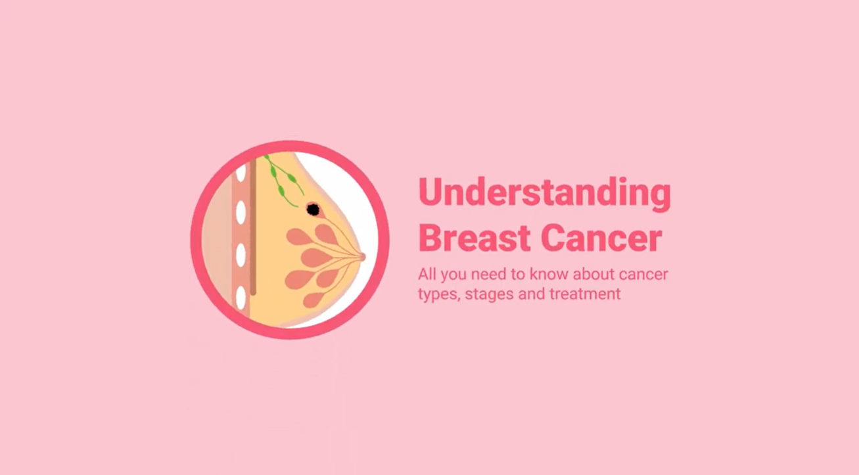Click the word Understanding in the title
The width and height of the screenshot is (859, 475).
click(545, 193)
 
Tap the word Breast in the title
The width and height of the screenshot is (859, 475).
click(475, 238)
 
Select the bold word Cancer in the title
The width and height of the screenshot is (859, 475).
click(601, 238)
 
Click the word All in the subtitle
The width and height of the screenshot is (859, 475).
click(427, 275)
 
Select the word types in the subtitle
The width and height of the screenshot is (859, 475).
click(439, 295)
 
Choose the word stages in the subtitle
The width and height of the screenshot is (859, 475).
click(489, 295)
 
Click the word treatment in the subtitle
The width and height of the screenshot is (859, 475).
click(585, 294)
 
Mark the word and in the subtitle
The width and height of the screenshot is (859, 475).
click(531, 294)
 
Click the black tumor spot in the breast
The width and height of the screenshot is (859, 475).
click(313, 210)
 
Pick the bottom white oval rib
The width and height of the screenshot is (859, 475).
click(241, 298)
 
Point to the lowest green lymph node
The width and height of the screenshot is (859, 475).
click(281, 190)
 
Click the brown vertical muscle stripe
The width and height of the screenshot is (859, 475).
click(253, 227)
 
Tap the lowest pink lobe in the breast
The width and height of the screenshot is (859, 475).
click(313, 300)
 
